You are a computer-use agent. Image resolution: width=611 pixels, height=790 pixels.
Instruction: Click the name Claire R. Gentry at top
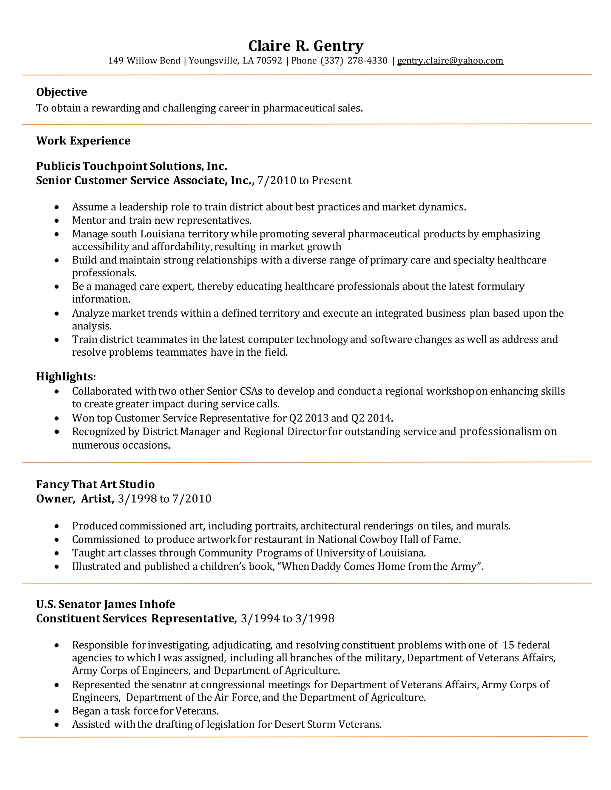pyautogui.click(x=305, y=46)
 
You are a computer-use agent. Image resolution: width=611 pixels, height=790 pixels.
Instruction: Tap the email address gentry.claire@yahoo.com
pyautogui.click(x=450, y=61)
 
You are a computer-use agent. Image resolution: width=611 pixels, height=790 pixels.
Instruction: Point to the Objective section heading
pyautogui.click(x=61, y=92)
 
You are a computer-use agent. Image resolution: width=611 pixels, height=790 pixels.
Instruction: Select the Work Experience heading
pyautogui.click(x=83, y=141)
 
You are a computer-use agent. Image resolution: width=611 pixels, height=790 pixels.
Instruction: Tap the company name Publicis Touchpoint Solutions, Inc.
pyautogui.click(x=131, y=166)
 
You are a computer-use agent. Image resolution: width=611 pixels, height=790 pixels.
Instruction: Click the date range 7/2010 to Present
pyautogui.click(x=304, y=180)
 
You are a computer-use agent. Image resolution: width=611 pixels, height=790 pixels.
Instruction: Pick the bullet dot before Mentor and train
pyautogui.click(x=57, y=221)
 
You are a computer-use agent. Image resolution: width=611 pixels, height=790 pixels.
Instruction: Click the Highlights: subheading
pyautogui.click(x=66, y=377)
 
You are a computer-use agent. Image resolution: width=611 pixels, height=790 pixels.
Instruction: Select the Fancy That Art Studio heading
pyautogui.click(x=95, y=484)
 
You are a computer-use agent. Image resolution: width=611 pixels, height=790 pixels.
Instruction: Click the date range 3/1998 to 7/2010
pyautogui.click(x=165, y=499)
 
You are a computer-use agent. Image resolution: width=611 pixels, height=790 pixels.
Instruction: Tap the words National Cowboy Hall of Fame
pyautogui.click(x=389, y=539)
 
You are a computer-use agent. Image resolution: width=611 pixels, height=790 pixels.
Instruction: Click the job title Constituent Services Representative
pyautogui.click(x=136, y=619)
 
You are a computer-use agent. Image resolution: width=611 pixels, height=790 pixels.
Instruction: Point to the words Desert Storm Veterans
pyautogui.click(x=328, y=724)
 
